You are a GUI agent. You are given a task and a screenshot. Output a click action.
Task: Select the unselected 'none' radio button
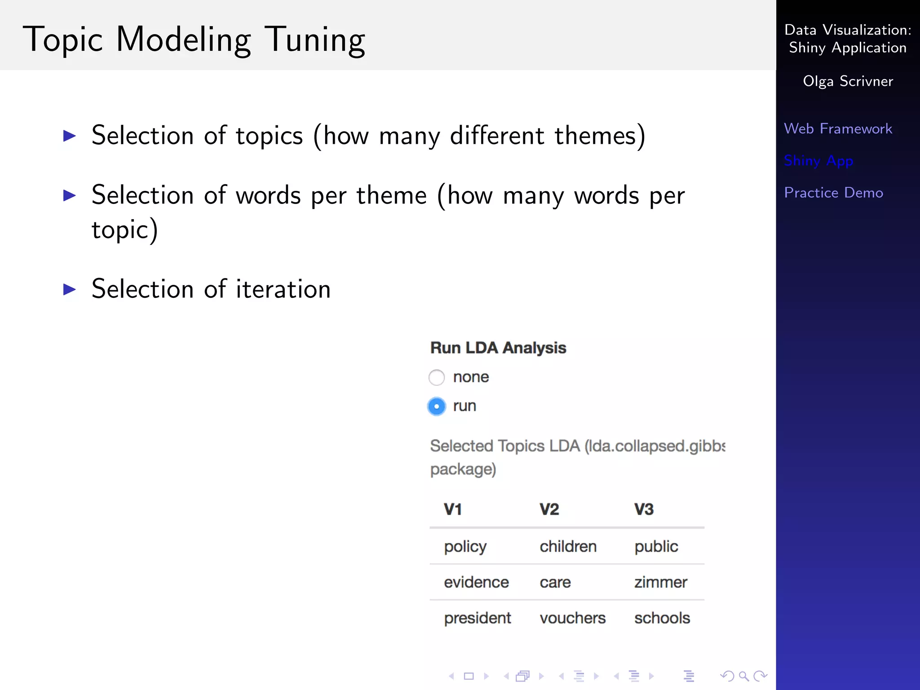[437, 377]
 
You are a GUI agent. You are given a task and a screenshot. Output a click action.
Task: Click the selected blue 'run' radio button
[437, 406]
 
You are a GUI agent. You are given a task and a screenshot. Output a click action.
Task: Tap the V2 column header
[549, 509]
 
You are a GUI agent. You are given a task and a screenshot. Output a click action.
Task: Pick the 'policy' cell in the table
[465, 547]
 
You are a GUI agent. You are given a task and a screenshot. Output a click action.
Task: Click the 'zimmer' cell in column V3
[660, 583]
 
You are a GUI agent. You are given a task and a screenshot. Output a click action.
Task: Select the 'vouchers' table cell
[572, 619]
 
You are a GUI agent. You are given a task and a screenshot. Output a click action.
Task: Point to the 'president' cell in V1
[477, 619]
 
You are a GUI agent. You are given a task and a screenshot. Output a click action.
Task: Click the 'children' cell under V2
[568, 547]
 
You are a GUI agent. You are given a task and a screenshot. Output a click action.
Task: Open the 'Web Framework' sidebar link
[838, 129]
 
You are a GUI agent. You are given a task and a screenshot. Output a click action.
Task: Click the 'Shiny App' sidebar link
[818, 161]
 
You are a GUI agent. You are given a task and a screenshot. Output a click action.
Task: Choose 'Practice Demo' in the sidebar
[833, 193]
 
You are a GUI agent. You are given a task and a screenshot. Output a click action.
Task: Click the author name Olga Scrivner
[848, 81]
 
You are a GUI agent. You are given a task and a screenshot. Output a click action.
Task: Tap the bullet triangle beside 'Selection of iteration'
[70, 289]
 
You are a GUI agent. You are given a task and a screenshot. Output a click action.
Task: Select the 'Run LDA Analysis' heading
[498, 348]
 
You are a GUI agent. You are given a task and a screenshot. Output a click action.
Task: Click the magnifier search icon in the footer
[743, 676]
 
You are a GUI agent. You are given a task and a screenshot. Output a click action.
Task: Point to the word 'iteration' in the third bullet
[283, 289]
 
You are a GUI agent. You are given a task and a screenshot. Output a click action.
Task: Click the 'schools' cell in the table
[662, 619]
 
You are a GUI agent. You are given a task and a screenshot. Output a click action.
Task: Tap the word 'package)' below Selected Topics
[463, 469]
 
